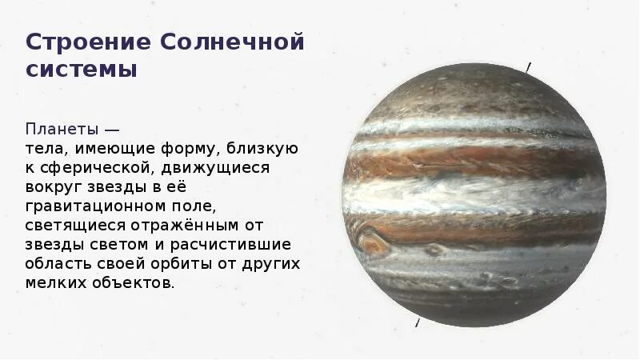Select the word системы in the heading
[x=82, y=70]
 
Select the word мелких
[x=53, y=284]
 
